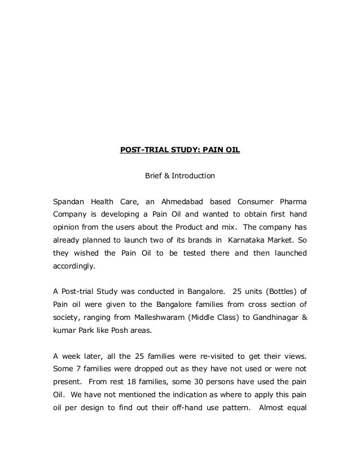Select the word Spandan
pos(67,201)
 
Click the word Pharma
pos(294,201)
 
